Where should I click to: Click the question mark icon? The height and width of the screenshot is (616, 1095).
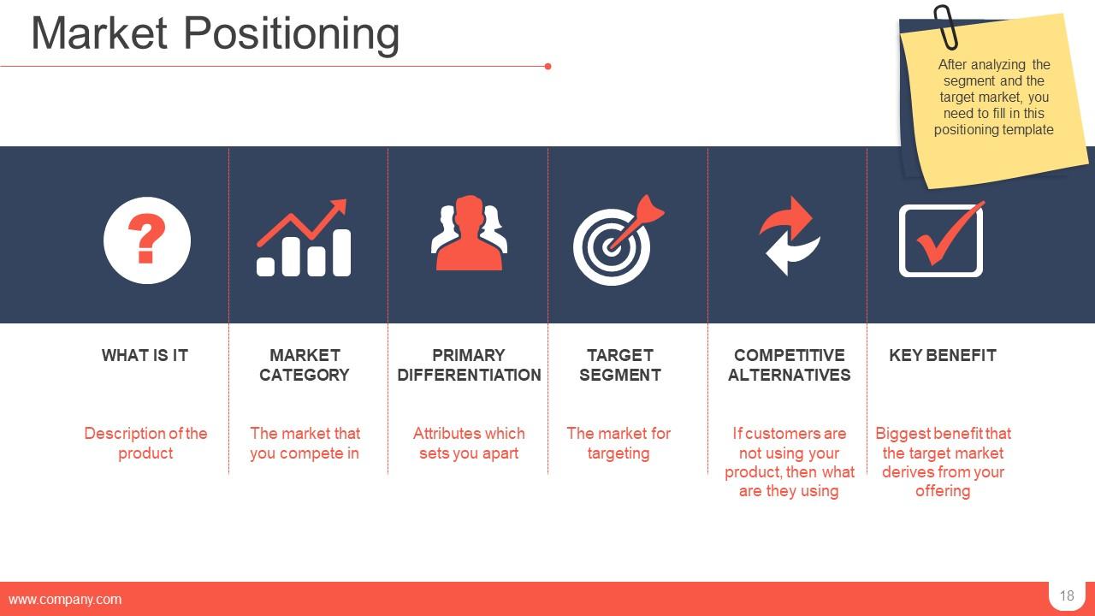[x=146, y=240]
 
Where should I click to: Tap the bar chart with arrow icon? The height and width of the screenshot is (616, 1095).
[x=304, y=240]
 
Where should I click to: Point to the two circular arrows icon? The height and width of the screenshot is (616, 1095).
[x=789, y=236]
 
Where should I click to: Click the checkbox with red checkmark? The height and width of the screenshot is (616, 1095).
[x=941, y=240]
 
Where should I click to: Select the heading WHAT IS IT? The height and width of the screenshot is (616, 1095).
[x=145, y=355]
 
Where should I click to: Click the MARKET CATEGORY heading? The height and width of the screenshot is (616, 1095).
[x=305, y=365]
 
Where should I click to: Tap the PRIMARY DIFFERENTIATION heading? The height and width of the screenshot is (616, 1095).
[x=469, y=365]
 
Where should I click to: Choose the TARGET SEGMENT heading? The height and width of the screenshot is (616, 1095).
[x=620, y=365]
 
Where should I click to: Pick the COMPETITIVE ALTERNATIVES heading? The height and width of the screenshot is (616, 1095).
[x=789, y=365]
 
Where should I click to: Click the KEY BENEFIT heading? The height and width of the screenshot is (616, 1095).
[x=942, y=355]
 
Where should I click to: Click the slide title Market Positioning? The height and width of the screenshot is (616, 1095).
[x=215, y=34]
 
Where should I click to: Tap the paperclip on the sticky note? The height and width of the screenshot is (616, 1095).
[x=945, y=27]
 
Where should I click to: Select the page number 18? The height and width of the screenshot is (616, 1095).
[x=1066, y=596]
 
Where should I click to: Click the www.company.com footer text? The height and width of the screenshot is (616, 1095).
[x=65, y=600]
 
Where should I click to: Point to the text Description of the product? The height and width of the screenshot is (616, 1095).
[x=145, y=443]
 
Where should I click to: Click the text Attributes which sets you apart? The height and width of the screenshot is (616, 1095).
[x=469, y=443]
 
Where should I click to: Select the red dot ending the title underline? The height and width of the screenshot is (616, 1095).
[x=547, y=66]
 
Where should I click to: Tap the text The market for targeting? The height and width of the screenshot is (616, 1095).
[x=619, y=443]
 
